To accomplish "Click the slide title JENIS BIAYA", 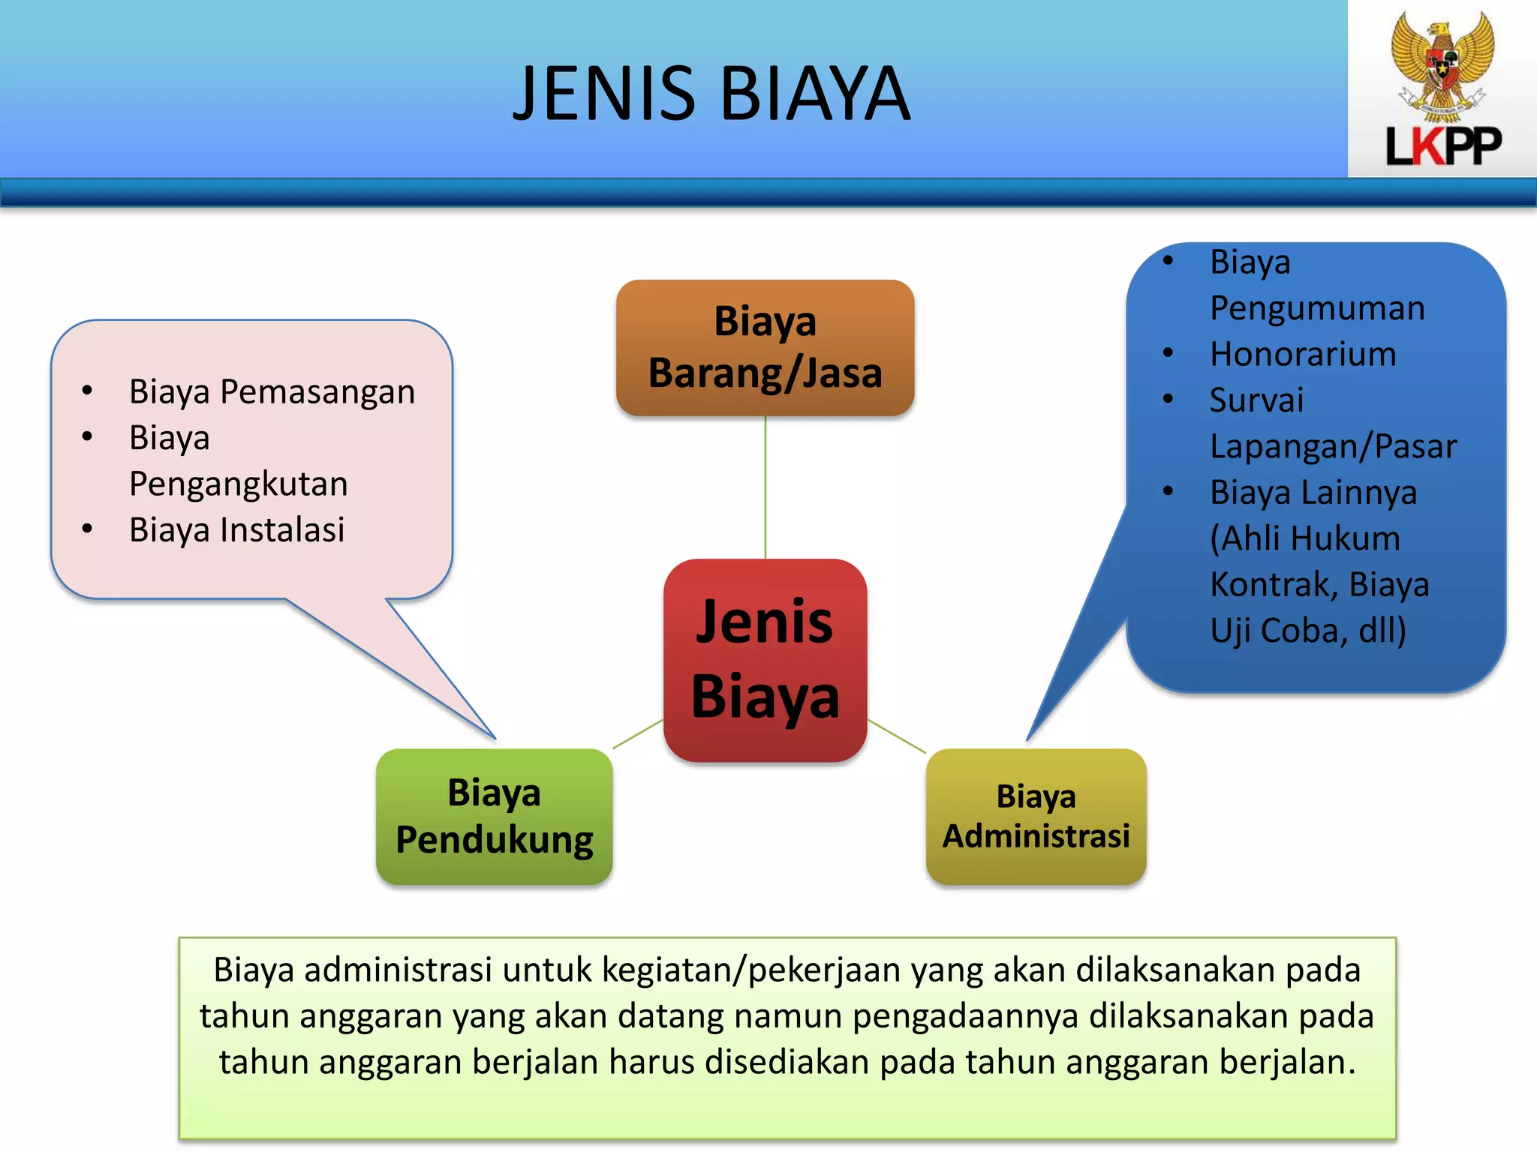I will click(711, 93).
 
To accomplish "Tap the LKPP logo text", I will click(1442, 145).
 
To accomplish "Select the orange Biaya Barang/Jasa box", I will click(765, 347).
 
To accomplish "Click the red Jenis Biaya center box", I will click(765, 659).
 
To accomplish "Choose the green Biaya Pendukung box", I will click(494, 816).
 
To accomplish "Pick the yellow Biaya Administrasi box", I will click(1036, 816).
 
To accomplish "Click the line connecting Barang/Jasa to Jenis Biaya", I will click(765, 487).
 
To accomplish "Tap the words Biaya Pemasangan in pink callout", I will click(272, 391).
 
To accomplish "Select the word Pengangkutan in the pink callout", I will click(238, 484).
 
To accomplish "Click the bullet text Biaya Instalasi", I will click(236, 529).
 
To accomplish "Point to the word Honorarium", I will click(1303, 354).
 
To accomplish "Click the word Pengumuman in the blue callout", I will click(1317, 308).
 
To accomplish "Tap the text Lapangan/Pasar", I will click(1333, 446).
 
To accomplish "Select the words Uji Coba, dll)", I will click(1308, 630).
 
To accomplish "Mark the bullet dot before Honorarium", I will click(1168, 352).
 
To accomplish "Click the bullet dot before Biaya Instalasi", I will click(87, 529).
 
